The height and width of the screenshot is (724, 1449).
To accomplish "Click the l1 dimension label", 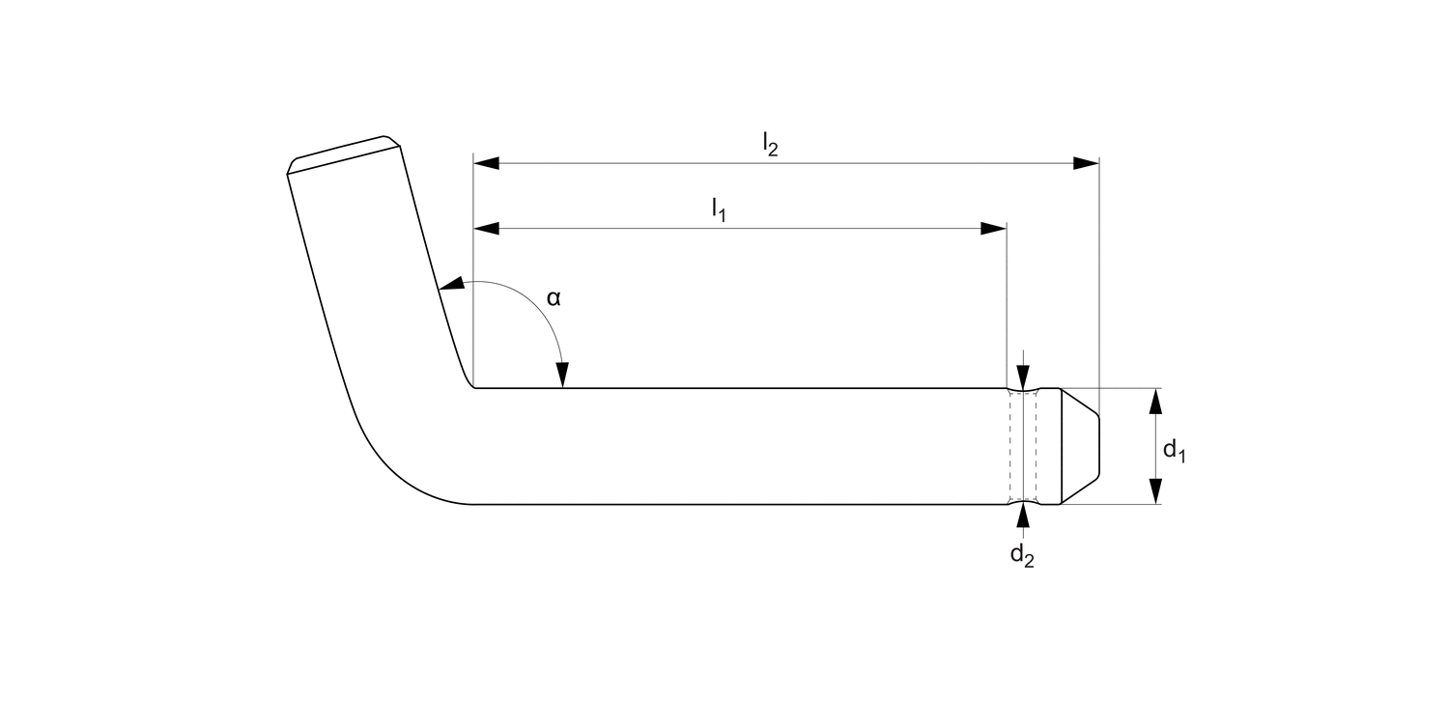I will [719, 209].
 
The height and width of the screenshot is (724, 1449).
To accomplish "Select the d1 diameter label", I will [1174, 450].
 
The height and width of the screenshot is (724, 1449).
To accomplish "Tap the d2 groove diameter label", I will [1022, 556].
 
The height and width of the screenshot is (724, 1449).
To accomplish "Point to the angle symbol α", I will [554, 298].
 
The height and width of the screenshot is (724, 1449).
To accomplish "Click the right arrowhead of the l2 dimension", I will [1087, 163].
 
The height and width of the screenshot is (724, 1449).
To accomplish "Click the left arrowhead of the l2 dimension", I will [486, 163].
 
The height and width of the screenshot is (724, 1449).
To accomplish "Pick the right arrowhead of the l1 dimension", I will [994, 229].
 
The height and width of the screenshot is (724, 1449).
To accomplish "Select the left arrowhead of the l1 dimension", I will [486, 229].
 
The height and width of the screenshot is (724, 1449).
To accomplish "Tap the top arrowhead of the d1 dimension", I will [1154, 401].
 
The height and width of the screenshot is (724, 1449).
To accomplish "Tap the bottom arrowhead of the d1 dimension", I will [1154, 491].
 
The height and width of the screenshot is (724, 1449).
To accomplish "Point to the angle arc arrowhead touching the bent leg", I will [451, 285].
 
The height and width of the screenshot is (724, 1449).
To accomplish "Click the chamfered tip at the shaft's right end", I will [1080, 446].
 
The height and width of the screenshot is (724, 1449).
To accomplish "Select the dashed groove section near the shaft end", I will [1023, 446].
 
